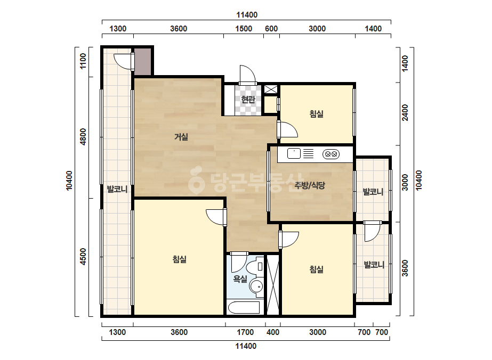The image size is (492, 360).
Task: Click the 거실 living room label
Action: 181,137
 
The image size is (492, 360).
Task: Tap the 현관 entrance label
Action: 248,100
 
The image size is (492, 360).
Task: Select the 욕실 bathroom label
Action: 240,279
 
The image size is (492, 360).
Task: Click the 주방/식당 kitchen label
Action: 309,185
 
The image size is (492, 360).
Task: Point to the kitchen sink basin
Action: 294,154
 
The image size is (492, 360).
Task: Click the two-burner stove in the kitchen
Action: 331,154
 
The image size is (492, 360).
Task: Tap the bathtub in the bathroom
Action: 244,308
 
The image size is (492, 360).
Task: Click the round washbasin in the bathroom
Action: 257,287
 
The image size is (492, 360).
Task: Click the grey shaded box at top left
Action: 143,61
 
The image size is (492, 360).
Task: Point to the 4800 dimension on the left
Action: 83,137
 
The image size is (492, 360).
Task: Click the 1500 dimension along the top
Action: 244,29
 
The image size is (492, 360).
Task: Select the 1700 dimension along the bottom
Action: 245,332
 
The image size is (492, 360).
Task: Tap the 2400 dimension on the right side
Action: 405,112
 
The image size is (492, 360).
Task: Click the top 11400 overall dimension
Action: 247,15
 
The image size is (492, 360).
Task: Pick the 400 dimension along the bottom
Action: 273,332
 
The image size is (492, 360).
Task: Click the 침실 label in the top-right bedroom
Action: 316,114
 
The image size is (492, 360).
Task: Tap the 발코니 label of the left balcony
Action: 117,189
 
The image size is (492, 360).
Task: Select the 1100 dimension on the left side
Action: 83,61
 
